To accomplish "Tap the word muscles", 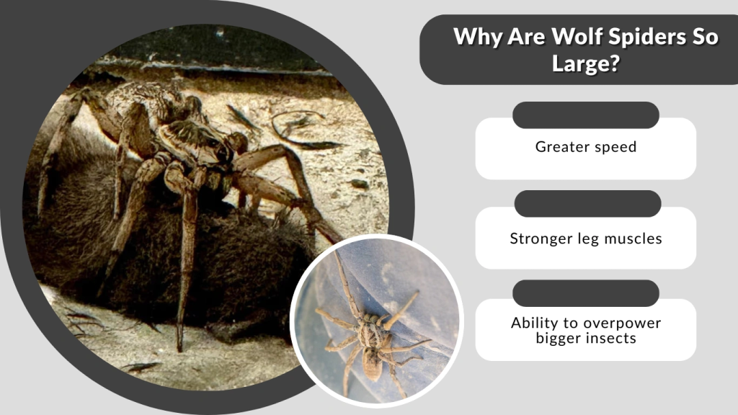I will [x=632, y=238].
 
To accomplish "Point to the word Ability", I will [x=535, y=323].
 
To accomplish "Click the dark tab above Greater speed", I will [x=586, y=115].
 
